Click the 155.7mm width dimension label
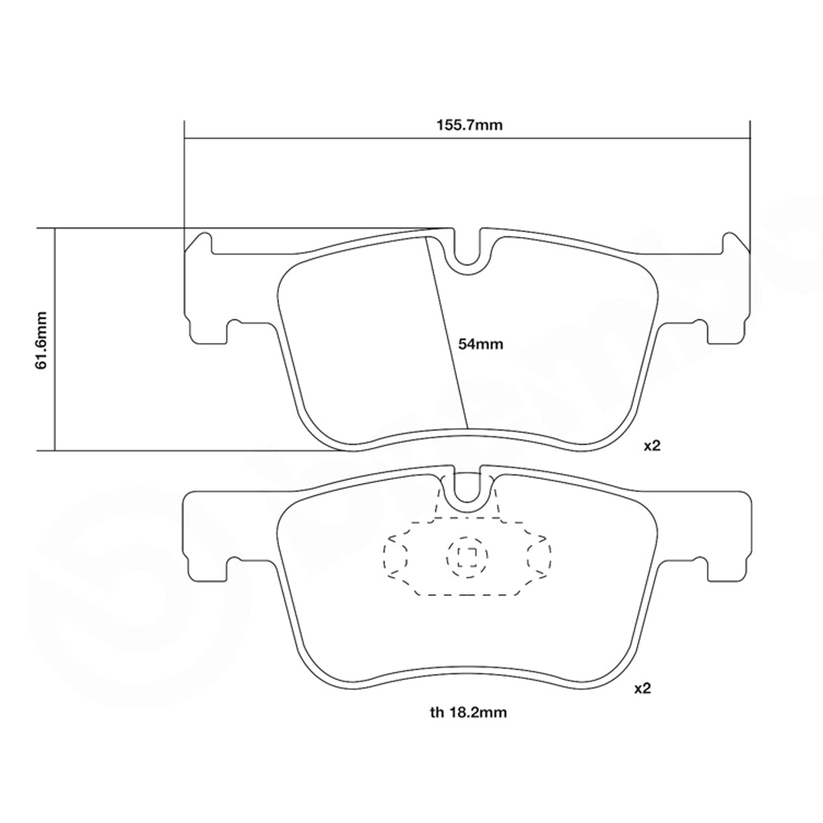(468, 125)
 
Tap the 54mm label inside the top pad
(481, 344)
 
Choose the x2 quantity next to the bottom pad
(643, 689)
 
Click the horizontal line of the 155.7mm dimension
(329, 137)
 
